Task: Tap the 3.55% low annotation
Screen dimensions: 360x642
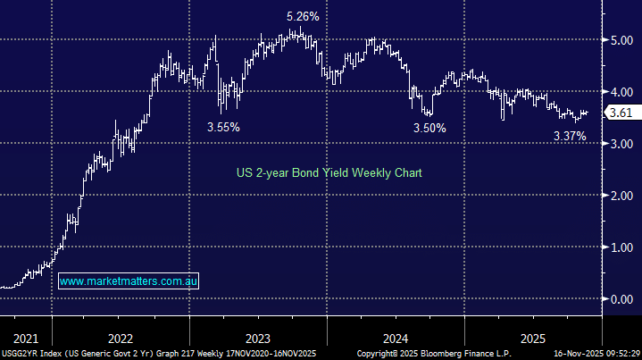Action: (x=223, y=127)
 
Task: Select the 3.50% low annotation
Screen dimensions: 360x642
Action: (x=429, y=129)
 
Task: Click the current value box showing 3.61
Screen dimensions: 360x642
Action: (x=620, y=113)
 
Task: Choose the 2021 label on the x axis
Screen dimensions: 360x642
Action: (x=26, y=339)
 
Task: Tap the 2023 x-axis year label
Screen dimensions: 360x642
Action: (x=257, y=339)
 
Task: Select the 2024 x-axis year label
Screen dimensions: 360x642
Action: (x=396, y=339)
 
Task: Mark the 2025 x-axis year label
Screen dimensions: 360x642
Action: (x=533, y=339)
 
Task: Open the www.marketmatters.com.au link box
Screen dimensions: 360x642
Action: (x=129, y=281)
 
